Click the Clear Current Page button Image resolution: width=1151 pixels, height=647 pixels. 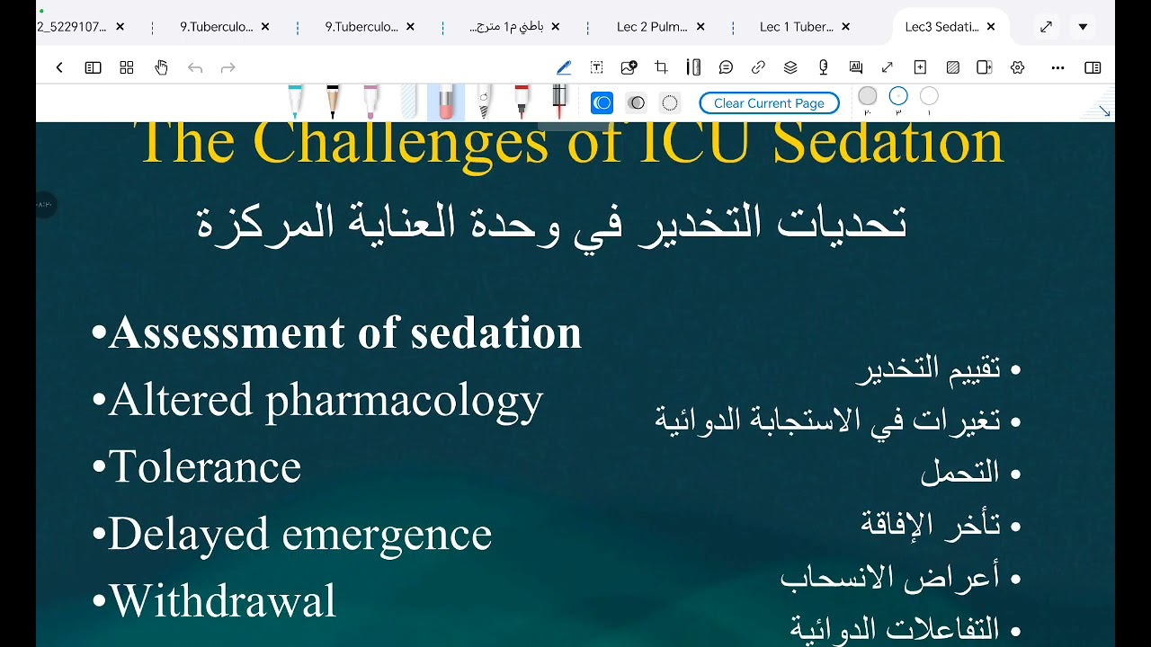click(x=769, y=103)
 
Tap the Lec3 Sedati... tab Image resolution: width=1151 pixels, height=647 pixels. click(x=941, y=27)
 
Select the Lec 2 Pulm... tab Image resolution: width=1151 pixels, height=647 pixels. click(x=652, y=27)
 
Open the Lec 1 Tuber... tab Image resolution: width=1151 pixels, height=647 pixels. click(x=796, y=27)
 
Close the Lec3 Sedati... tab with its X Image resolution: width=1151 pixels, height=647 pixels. click(x=991, y=27)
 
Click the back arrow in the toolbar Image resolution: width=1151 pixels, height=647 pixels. click(x=59, y=67)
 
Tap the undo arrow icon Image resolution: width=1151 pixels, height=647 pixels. click(x=195, y=67)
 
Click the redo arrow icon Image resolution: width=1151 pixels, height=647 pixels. click(x=228, y=67)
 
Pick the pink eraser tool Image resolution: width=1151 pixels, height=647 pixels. click(x=446, y=102)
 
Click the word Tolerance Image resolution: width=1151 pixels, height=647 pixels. click(x=205, y=466)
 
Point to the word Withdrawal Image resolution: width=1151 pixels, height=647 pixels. click(x=222, y=600)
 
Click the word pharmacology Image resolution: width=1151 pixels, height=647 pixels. click(x=405, y=400)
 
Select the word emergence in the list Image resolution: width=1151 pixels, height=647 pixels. click(x=387, y=534)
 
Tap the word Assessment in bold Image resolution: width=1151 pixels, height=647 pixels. click(x=228, y=332)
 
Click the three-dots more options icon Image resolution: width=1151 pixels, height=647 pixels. click(x=1057, y=67)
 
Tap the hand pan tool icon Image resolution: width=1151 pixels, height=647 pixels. click(x=161, y=67)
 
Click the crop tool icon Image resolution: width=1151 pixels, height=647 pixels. click(x=661, y=67)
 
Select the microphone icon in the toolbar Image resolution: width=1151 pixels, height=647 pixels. click(x=823, y=67)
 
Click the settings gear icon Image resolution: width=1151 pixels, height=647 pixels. click(x=1017, y=67)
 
